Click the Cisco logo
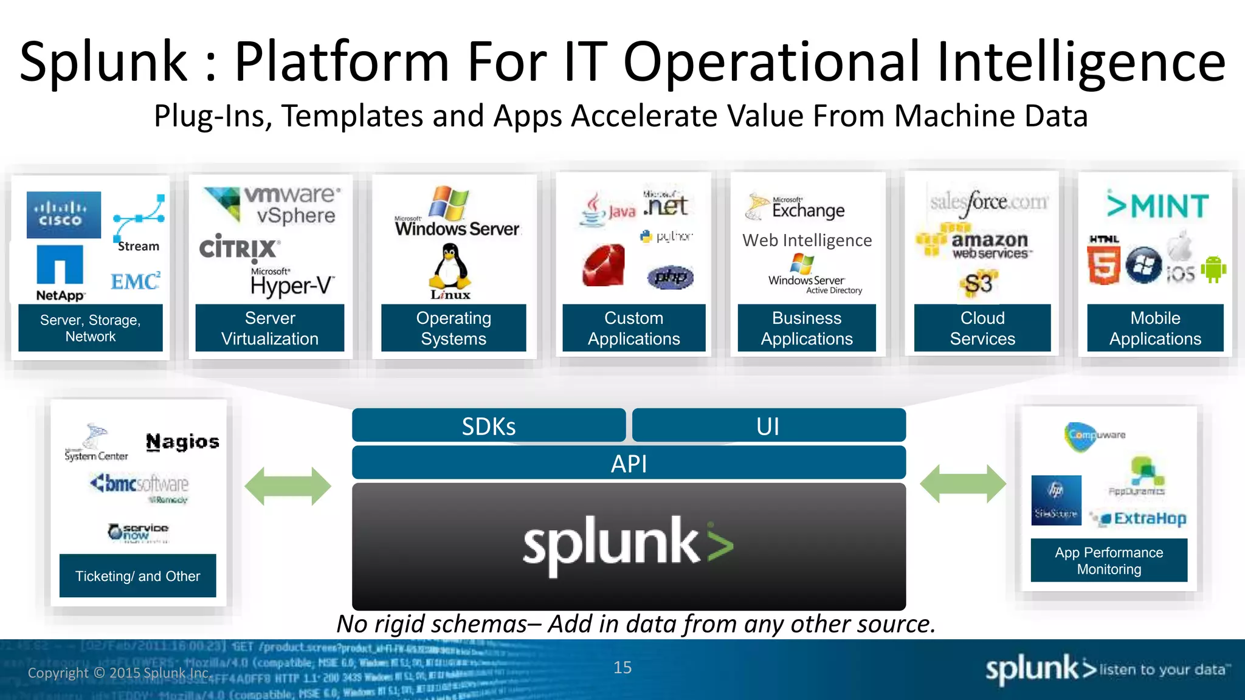pyautogui.click(x=63, y=214)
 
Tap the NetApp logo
pyautogui.click(x=60, y=273)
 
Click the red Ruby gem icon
pyautogui.click(x=603, y=266)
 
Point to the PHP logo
pyautogui.click(x=671, y=277)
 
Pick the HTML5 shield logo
pyautogui.click(x=1103, y=261)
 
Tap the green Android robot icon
pyautogui.click(x=1213, y=269)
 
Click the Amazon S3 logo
pyautogui.click(x=978, y=283)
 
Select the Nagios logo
pyautogui.click(x=182, y=442)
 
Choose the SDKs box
pyautogui.click(x=489, y=425)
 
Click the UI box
pyautogui.click(x=768, y=425)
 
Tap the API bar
pyautogui.click(x=629, y=463)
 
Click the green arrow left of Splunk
pyautogui.click(x=288, y=486)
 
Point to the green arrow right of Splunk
pyautogui.click(x=963, y=484)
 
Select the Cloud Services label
pyautogui.click(x=982, y=328)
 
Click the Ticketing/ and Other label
pyautogui.click(x=137, y=575)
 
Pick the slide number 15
pyautogui.click(x=622, y=667)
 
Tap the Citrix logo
pyautogui.click(x=239, y=248)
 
